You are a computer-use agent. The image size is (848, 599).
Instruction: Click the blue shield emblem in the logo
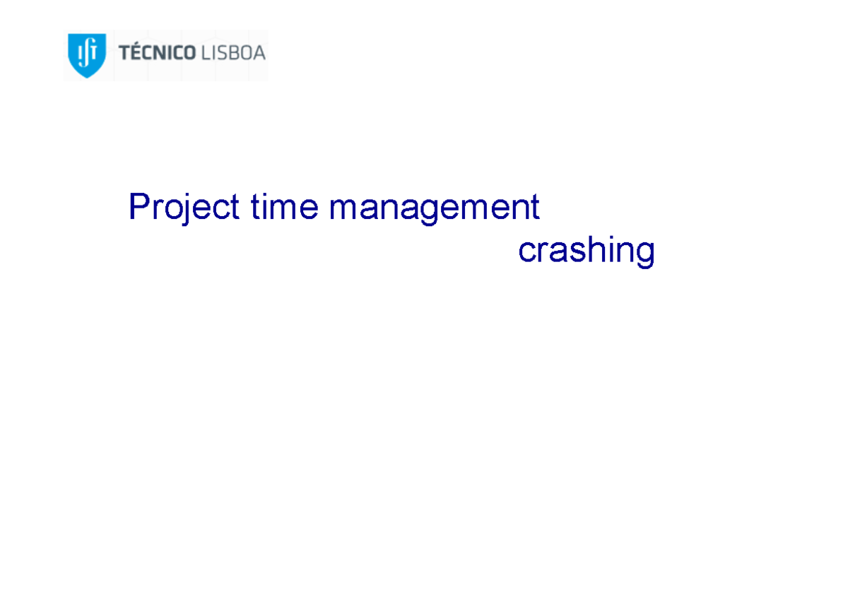(86, 54)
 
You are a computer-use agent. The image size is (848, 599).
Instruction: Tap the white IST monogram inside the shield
(86, 51)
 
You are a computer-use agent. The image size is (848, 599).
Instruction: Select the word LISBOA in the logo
(233, 53)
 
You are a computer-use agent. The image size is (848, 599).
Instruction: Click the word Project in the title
(184, 208)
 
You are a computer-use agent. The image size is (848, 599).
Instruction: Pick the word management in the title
(434, 208)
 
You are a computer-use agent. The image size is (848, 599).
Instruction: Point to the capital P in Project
(139, 207)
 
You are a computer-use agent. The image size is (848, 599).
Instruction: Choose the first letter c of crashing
(526, 252)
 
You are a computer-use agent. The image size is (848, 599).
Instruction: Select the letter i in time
(262, 207)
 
